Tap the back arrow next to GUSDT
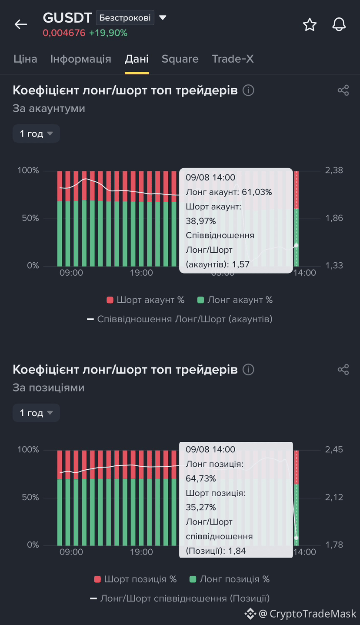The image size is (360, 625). coord(21,24)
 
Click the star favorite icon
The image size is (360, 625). coord(310,24)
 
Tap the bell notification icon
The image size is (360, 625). coord(339,24)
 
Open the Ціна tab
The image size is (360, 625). coord(25,59)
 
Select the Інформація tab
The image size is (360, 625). coord(80,59)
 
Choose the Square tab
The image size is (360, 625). coord(180,59)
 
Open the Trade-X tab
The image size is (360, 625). coord(233,59)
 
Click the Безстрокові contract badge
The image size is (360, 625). coord(125,17)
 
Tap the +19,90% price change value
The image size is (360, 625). coord(108,33)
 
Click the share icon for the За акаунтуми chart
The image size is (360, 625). coord(343,90)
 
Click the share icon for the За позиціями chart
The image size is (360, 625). coord(343,369)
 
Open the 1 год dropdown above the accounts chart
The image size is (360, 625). coord(36,134)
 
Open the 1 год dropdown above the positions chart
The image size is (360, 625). coord(36,413)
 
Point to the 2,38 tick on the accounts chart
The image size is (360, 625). coord(334,170)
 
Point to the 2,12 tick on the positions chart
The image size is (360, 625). coord(334,497)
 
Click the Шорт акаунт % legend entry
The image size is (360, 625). coord(145,300)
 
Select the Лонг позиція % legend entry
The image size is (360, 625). coord(230,579)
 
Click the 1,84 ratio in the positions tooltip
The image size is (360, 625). coord(237,551)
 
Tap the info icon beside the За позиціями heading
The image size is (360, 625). coord(248,369)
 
